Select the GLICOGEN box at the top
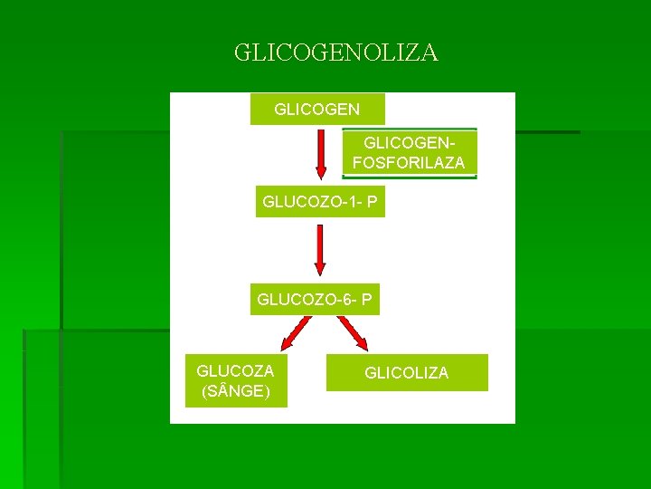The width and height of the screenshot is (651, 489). (x=316, y=109)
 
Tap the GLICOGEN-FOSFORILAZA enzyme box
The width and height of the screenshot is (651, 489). (x=409, y=153)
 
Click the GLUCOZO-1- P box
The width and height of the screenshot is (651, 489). (x=319, y=202)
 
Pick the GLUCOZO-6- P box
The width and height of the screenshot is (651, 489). (x=315, y=299)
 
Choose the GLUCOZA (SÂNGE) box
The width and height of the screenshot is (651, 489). (x=236, y=381)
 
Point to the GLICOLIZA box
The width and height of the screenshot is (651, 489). (x=406, y=372)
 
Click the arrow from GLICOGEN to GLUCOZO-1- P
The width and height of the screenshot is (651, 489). (x=320, y=154)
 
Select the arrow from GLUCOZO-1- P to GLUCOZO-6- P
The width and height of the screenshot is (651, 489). (x=319, y=250)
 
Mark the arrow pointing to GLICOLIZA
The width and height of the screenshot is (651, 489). (x=354, y=334)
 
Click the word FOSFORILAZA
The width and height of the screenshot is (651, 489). (x=409, y=163)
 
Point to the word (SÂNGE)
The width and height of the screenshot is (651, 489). (x=235, y=391)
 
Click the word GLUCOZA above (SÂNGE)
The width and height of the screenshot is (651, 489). (x=235, y=371)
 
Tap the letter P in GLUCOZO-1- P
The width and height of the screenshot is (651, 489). (x=372, y=202)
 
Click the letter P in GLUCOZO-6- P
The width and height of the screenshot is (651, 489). (x=366, y=299)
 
